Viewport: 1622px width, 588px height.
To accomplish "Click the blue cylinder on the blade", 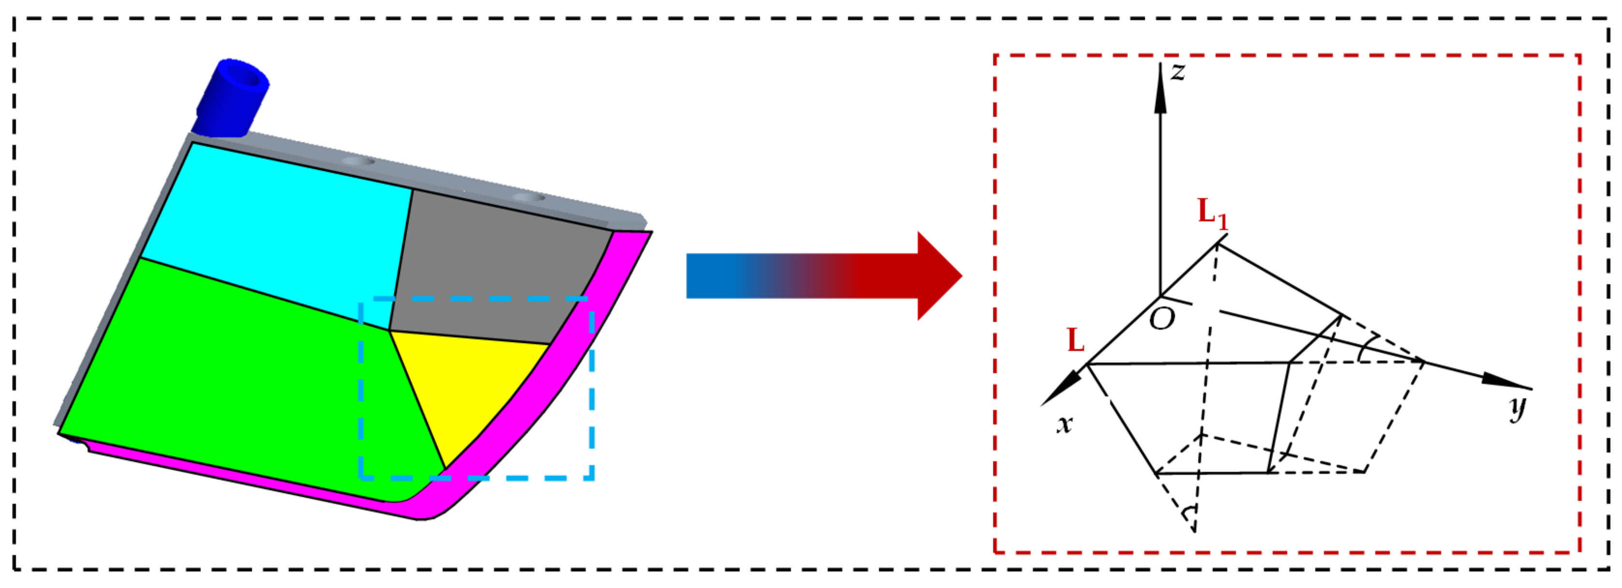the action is coord(233,98).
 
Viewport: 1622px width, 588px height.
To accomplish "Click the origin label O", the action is coord(1162,319).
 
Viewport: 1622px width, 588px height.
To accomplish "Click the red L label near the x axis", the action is coord(1076,341).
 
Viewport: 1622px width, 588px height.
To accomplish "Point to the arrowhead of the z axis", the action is coord(1161,88).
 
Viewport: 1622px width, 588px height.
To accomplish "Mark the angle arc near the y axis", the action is coord(1364,350).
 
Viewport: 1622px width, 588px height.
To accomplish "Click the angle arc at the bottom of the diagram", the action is coord(1188,513).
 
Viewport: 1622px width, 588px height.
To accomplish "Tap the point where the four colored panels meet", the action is coord(389,330).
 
